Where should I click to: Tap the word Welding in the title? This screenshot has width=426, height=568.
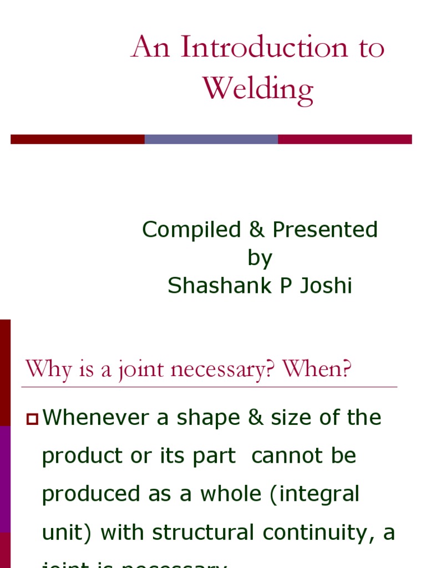point(258,89)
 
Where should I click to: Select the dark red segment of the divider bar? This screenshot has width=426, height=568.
point(78,139)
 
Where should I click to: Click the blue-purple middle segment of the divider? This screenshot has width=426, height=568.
point(211,139)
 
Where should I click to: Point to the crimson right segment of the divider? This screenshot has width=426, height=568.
point(344,139)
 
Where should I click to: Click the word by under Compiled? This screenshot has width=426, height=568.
point(260,258)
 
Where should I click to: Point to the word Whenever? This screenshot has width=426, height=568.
point(95,418)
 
